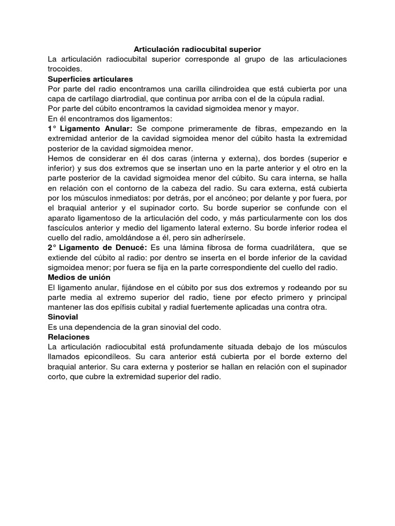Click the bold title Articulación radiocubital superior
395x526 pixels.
click(197, 49)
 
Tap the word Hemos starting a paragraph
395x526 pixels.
click(61, 158)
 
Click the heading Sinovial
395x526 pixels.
click(63, 317)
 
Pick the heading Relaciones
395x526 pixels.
click(68, 337)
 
